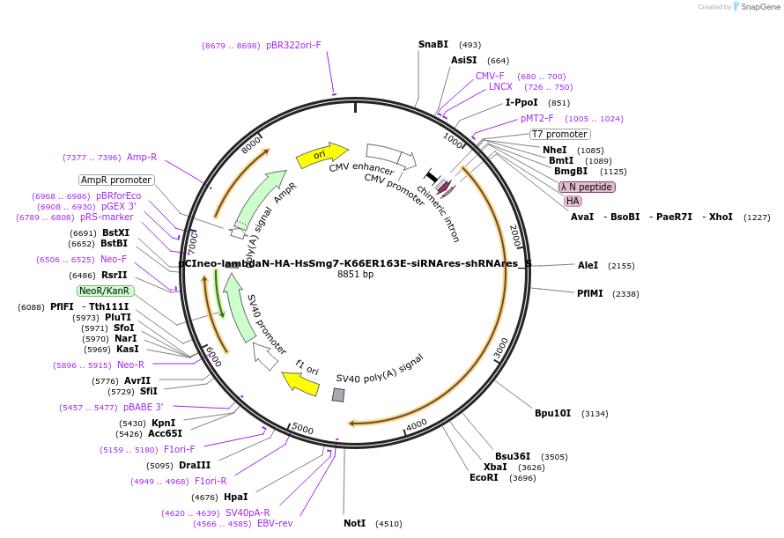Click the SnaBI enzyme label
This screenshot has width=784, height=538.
[433, 44]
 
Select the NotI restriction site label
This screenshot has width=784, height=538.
[354, 523]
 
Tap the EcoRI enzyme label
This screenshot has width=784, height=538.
[484, 477]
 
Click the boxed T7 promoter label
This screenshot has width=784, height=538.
[559, 134]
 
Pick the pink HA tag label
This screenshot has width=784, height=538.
[573, 201]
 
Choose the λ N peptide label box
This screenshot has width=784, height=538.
[587, 187]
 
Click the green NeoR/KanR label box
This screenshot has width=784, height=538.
[105, 291]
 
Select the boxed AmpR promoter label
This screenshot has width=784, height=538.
[116, 180]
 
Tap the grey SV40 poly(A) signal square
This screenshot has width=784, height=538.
[337, 395]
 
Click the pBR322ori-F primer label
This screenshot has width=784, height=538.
[293, 45]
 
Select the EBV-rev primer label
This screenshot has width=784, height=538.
[274, 523]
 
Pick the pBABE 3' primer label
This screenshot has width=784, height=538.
[143, 407]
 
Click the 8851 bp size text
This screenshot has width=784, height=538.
[355, 274]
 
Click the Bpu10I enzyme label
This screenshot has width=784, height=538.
[552, 413]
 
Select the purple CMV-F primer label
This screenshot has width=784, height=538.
[490, 76]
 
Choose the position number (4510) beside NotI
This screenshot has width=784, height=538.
[388, 523]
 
